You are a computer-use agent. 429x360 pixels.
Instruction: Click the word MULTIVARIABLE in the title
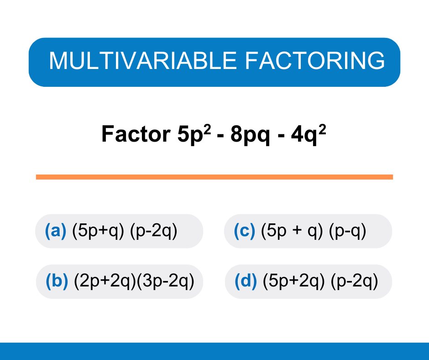click(142, 61)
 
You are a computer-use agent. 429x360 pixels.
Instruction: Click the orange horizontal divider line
click(214, 177)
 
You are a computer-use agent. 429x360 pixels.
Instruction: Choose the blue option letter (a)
click(56, 231)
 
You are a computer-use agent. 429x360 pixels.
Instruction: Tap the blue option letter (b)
click(57, 281)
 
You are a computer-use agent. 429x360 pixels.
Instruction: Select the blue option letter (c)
click(244, 231)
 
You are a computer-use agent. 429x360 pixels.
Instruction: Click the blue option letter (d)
click(246, 281)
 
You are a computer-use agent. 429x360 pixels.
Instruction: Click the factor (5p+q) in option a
click(98, 231)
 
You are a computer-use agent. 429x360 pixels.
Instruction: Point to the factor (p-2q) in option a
click(154, 231)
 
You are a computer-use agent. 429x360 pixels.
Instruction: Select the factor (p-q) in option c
click(349, 231)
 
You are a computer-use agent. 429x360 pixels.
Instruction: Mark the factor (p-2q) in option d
click(355, 281)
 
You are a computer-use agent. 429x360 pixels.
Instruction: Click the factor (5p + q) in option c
click(292, 231)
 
